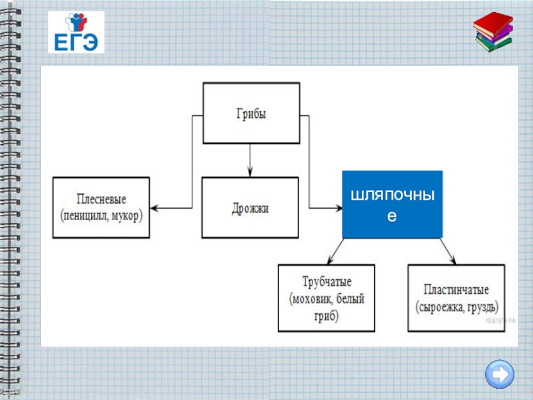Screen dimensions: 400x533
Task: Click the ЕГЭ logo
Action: coord(75,33)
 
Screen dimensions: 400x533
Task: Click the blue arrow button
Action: coord(500,373)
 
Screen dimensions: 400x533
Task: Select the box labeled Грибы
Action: coord(251,113)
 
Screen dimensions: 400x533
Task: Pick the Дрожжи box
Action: coord(250,207)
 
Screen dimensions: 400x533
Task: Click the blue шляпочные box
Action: coord(392,205)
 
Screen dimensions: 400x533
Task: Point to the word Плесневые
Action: coord(102,199)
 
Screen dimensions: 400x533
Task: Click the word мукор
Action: coord(128,215)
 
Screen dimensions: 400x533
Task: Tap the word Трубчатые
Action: coord(326,282)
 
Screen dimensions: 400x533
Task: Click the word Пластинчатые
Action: coord(457,291)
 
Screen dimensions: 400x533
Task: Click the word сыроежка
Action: coord(442,307)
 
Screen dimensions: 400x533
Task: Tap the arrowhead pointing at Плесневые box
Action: coord(156,208)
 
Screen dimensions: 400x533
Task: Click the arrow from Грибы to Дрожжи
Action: coord(250,160)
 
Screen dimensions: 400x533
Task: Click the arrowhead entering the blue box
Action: coord(337,208)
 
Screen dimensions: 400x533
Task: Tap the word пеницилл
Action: coord(85,215)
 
